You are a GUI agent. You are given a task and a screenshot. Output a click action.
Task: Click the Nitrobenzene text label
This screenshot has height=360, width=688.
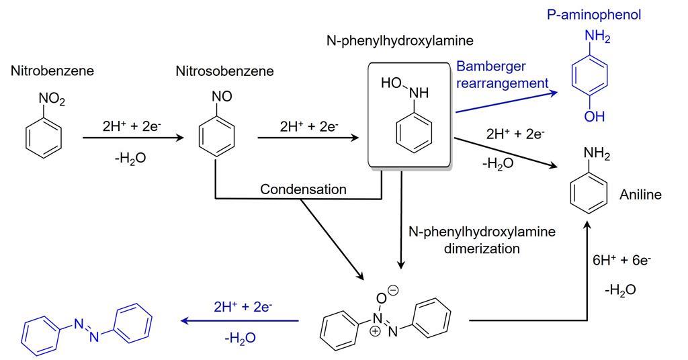click(x=52, y=71)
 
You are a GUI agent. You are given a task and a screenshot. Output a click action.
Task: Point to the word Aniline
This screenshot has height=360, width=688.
click(x=640, y=195)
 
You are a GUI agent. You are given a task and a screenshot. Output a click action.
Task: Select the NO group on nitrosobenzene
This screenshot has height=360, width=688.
click(x=222, y=97)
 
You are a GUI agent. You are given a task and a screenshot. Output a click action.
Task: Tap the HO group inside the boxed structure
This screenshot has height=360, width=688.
click(x=391, y=83)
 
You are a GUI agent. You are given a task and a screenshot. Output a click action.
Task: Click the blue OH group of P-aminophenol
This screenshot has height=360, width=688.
click(x=594, y=116)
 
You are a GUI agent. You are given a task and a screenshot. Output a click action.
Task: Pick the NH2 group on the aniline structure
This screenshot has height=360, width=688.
click(x=597, y=155)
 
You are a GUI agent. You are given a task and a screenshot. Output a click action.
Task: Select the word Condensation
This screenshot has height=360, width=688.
click(x=303, y=189)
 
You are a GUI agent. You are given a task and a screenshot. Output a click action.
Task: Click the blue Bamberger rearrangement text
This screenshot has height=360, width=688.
click(x=501, y=75)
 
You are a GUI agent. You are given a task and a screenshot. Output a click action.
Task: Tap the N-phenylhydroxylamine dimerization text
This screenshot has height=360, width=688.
click(x=482, y=240)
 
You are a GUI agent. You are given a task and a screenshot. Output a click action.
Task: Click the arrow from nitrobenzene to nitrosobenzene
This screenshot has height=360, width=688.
click(x=133, y=138)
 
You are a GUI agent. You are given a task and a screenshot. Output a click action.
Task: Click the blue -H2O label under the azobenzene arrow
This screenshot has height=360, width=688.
click(x=240, y=337)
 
